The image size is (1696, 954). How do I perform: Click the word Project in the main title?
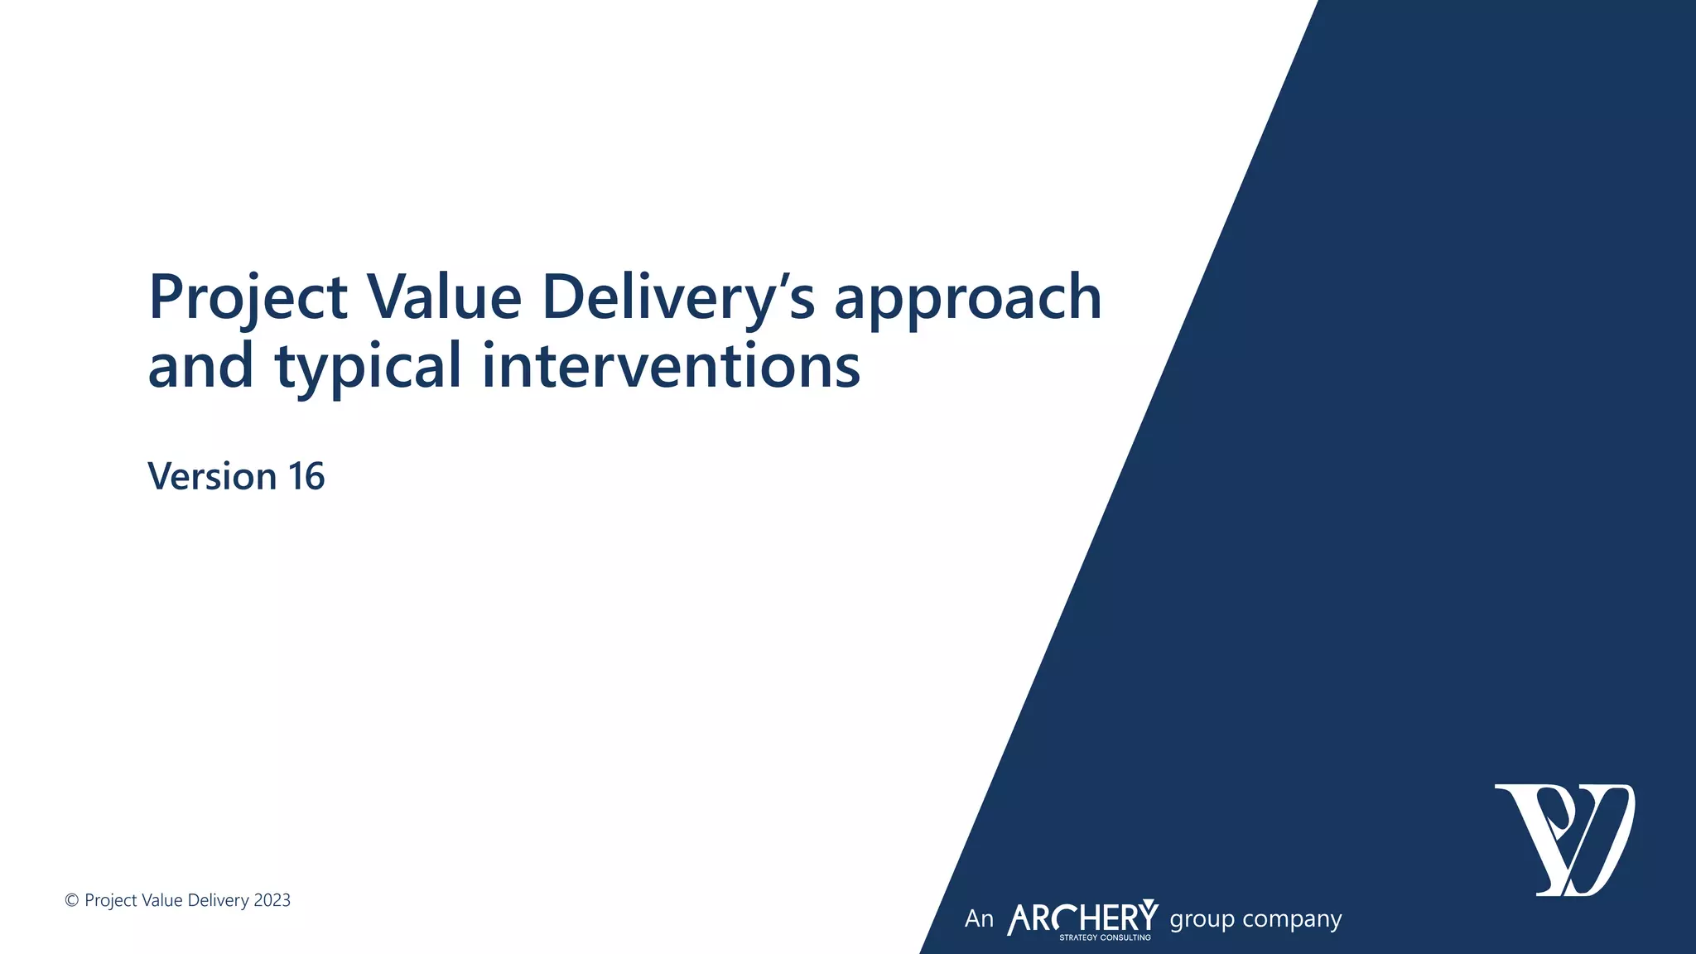click(x=248, y=298)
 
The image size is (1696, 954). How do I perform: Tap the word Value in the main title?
click(x=444, y=296)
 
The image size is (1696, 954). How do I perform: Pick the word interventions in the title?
click(x=671, y=366)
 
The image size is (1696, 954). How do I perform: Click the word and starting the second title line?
click(x=200, y=366)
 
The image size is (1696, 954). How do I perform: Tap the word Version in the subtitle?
click(x=212, y=476)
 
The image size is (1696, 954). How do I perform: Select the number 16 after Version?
click(x=306, y=476)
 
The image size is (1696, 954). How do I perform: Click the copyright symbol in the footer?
click(x=72, y=901)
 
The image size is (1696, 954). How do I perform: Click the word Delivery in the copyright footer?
click(x=219, y=901)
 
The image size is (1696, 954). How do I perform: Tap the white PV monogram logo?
click(x=1564, y=840)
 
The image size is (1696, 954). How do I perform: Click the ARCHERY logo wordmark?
click(x=1082, y=918)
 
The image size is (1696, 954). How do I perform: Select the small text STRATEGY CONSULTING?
click(x=1105, y=937)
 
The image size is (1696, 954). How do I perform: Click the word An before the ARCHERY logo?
click(x=979, y=919)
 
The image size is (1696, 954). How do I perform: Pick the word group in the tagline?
click(x=1202, y=920)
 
